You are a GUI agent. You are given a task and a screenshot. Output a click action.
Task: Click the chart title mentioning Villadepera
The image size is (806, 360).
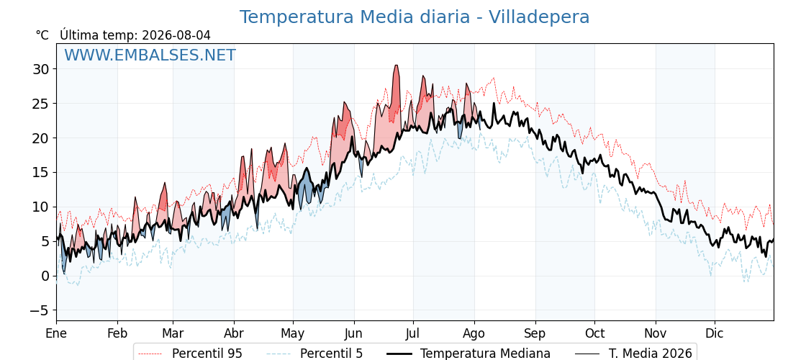coord(415,17)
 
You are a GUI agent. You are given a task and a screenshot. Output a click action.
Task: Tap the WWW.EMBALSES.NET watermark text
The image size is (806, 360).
coord(150,55)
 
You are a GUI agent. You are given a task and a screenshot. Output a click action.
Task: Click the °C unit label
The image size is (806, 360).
coord(42,35)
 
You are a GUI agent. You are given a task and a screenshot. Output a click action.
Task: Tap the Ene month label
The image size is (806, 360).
coord(56,333)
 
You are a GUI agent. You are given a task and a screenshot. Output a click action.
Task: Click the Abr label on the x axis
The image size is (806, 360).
coord(235,333)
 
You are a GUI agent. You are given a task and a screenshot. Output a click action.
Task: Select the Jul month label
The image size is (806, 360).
coord(413,333)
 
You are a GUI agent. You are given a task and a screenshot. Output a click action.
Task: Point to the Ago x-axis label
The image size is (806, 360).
coord(474,334)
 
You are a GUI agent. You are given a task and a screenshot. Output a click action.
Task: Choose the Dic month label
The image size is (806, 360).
coord(715,333)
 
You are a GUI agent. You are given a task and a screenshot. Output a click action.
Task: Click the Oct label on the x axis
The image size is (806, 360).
coord(594,333)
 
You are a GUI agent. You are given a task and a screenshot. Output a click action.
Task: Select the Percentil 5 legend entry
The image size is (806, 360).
coord(315,354)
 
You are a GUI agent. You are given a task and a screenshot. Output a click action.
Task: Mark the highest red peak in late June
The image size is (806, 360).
coord(396,66)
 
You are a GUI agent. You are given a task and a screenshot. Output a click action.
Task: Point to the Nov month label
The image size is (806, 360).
coord(656,333)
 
